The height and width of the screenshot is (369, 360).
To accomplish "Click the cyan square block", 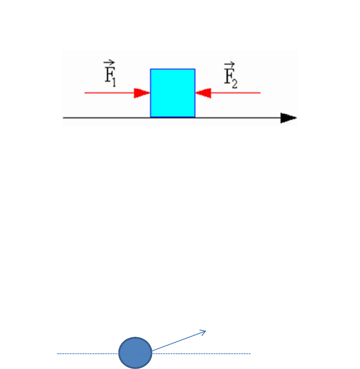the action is (x=173, y=93).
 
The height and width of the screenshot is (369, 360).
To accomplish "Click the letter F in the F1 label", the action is (x=109, y=74).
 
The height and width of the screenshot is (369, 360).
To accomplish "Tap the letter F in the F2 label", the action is (x=229, y=76).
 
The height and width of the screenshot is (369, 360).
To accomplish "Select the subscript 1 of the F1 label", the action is (x=114, y=83).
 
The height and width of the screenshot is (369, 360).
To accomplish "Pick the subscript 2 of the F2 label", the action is (x=235, y=84).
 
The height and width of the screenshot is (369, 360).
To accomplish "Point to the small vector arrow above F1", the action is (x=109, y=63).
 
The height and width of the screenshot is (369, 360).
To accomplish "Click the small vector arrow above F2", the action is (x=229, y=64).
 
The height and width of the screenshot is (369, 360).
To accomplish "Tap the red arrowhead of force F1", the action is (x=142, y=93).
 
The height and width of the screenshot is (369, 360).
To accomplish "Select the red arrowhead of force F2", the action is (x=203, y=93).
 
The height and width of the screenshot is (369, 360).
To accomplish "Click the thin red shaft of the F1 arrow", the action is (x=110, y=93).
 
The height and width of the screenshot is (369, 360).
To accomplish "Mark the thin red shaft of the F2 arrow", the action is (x=236, y=93).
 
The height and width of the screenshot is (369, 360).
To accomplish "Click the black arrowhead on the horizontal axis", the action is (x=289, y=118).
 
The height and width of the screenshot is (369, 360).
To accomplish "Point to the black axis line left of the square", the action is (x=106, y=118).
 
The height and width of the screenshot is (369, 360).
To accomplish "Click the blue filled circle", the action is (x=136, y=353).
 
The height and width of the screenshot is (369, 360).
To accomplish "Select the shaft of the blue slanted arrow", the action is (x=179, y=341).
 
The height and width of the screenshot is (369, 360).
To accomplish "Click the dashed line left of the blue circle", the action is (x=88, y=353).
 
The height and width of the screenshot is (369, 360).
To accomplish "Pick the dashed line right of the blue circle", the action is (x=201, y=353).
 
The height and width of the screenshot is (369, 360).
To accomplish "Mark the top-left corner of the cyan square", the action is (x=150, y=69).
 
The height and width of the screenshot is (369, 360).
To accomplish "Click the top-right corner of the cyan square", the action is (x=195, y=69).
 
